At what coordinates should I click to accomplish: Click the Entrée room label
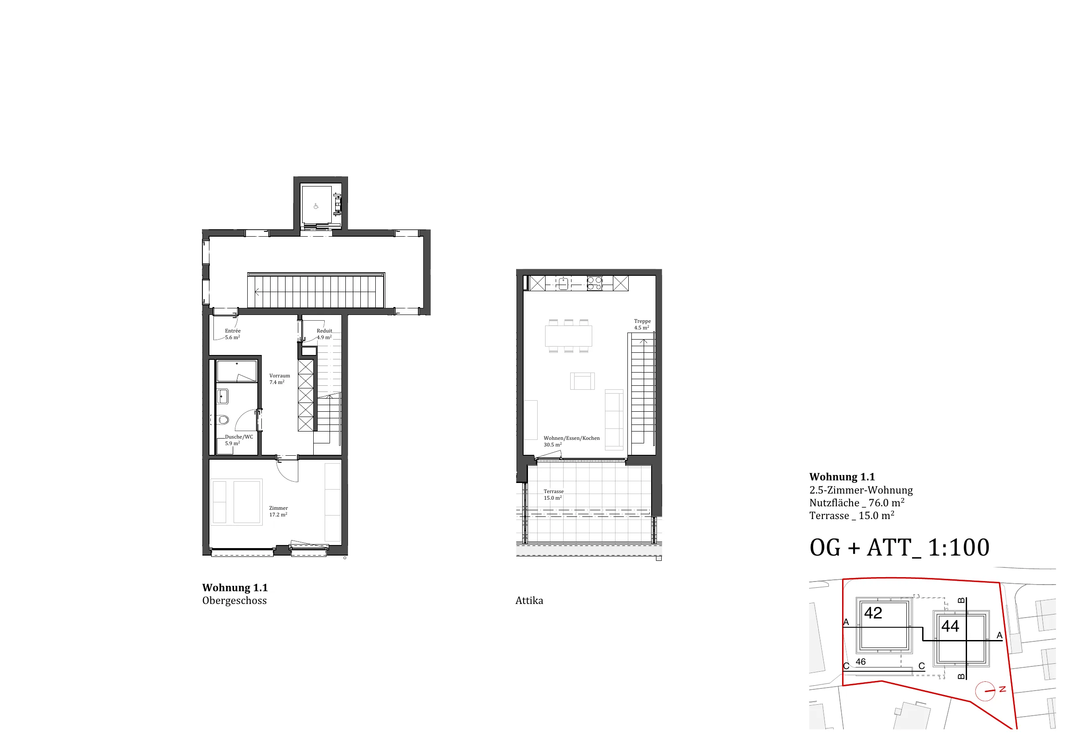(x=233, y=334)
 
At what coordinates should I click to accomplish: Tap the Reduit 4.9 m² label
(x=324, y=334)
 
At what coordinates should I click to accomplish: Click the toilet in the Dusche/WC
(x=223, y=420)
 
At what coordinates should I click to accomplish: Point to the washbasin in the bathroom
(x=223, y=396)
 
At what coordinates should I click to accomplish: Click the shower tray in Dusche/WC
(x=237, y=371)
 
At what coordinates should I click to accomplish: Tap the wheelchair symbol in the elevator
(x=316, y=206)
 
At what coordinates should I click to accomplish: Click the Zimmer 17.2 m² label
(x=278, y=512)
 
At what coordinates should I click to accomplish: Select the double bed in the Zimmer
(x=237, y=502)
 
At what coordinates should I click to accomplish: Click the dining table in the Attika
(x=568, y=336)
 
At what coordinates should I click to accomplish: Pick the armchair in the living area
(x=583, y=381)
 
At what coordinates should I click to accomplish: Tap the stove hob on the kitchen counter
(x=594, y=283)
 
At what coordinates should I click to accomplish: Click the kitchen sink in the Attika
(x=564, y=283)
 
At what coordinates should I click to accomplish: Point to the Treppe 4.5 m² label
(x=642, y=324)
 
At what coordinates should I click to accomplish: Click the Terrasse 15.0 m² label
(x=553, y=495)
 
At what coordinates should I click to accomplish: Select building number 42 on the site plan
(x=873, y=613)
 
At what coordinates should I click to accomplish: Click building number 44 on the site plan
(x=950, y=626)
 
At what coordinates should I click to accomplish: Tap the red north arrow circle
(x=985, y=691)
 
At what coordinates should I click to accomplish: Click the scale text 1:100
(x=959, y=548)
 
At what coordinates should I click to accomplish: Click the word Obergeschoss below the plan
(x=235, y=601)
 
